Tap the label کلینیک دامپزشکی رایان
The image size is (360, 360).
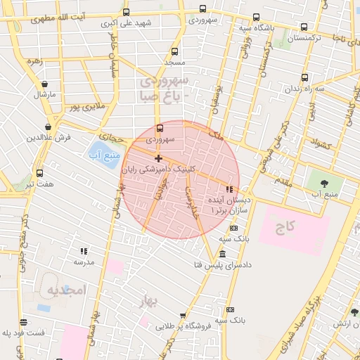155,169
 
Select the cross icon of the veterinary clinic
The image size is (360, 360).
158,159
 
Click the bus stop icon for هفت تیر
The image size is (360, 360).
39,173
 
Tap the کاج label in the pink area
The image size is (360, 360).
285,226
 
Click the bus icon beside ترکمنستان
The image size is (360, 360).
303,27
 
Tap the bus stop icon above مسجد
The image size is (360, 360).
175,51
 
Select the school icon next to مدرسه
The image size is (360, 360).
84,251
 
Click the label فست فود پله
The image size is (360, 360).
22,332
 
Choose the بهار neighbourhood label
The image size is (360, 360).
167,300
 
